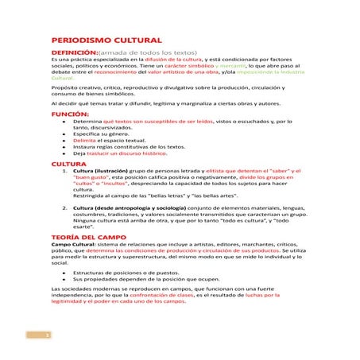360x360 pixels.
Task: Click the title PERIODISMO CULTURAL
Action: click(106, 39)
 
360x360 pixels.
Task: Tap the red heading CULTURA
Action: click(69, 163)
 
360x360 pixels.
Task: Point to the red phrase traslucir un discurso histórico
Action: click(127, 153)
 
